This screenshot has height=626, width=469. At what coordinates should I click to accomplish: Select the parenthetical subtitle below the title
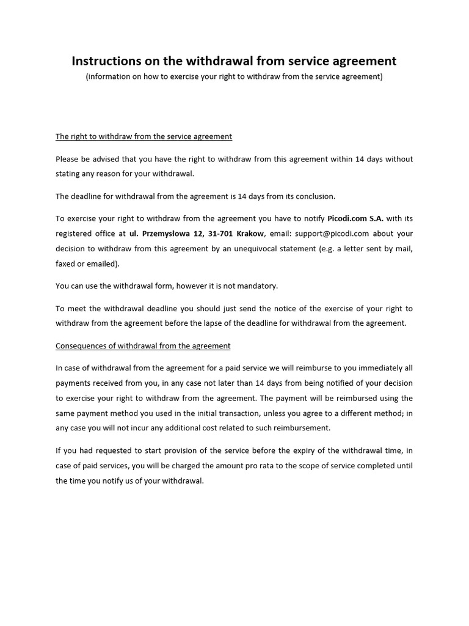(x=234, y=76)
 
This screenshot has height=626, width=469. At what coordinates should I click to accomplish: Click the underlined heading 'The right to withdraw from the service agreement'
(x=144, y=136)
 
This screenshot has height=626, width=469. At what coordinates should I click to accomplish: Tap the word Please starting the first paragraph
(x=67, y=159)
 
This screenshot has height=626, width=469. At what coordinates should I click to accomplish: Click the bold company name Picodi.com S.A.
(x=355, y=218)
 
